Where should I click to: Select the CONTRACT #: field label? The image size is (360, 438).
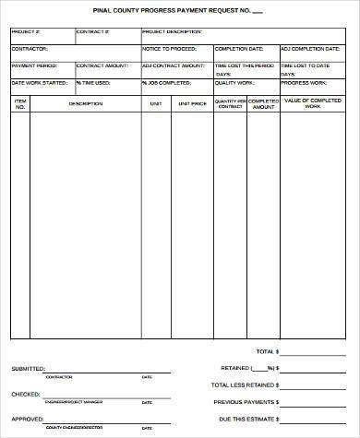[91, 31]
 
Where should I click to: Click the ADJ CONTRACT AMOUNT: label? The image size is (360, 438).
[174, 66]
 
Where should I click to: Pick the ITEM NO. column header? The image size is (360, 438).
[19, 105]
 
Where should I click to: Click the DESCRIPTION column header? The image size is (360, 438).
[85, 103]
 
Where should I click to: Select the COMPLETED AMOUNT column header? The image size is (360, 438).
[263, 104]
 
